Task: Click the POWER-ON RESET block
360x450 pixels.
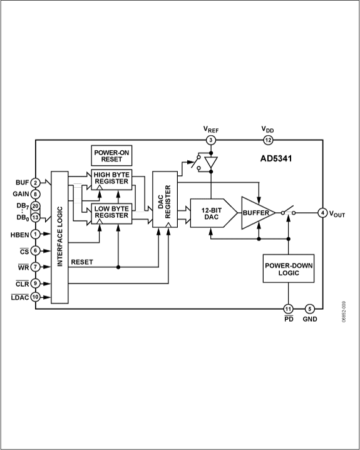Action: pyautogui.click(x=111, y=156)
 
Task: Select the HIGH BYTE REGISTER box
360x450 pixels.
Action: pyautogui.click(x=111, y=180)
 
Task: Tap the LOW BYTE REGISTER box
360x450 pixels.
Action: pyautogui.click(x=111, y=213)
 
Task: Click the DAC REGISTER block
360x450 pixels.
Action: pyautogui.click(x=165, y=200)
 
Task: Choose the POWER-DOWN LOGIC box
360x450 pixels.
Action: pyautogui.click(x=289, y=268)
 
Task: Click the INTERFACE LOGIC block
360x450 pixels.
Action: pyautogui.click(x=59, y=237)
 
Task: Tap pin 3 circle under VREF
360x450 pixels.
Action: pyautogui.click(x=211, y=140)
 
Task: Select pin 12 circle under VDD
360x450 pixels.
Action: pyautogui.click(x=268, y=140)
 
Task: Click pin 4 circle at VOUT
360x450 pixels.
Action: pyautogui.click(x=322, y=213)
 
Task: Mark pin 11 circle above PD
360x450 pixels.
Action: pyautogui.click(x=288, y=309)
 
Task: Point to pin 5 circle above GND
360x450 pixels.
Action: pyautogui.click(x=309, y=309)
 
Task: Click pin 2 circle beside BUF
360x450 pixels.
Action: pyautogui.click(x=35, y=183)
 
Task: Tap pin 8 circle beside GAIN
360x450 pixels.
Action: pyautogui.click(x=35, y=194)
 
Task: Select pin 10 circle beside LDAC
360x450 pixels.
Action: pyautogui.click(x=35, y=297)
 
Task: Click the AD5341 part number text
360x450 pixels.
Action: pyautogui.click(x=276, y=159)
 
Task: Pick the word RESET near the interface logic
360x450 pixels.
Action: pyautogui.click(x=82, y=262)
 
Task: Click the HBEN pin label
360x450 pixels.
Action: pyautogui.click(x=20, y=235)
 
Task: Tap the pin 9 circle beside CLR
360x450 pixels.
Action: pyautogui.click(x=35, y=284)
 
